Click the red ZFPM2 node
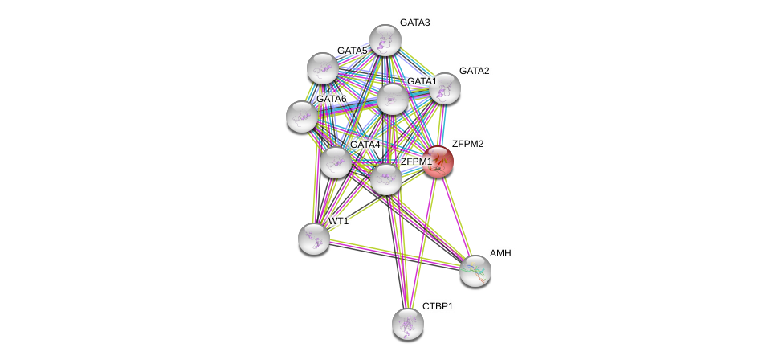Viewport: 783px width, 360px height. click(438, 162)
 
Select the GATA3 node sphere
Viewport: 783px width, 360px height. click(385, 39)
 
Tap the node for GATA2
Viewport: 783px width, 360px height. click(444, 88)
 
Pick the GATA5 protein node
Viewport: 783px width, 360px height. click(323, 68)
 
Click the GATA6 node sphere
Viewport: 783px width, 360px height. click(302, 117)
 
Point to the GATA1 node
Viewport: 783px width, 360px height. click(393, 99)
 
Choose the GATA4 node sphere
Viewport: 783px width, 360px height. click(336, 162)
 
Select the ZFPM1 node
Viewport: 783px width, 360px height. click(386, 179)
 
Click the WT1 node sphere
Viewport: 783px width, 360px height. click(313, 239)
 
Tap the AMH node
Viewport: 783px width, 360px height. click(475, 271)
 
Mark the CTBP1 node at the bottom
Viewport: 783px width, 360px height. click(408, 324)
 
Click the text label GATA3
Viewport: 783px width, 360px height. click(415, 22)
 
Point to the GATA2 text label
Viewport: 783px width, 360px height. click(475, 71)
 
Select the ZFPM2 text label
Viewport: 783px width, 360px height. click(468, 144)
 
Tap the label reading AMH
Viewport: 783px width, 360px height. click(500, 253)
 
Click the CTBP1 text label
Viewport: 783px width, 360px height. click(438, 306)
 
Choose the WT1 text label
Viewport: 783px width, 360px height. click(339, 221)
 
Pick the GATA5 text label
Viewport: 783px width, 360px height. click(352, 51)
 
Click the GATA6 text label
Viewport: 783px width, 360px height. click(331, 99)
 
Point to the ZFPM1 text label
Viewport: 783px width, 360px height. click(416, 162)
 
